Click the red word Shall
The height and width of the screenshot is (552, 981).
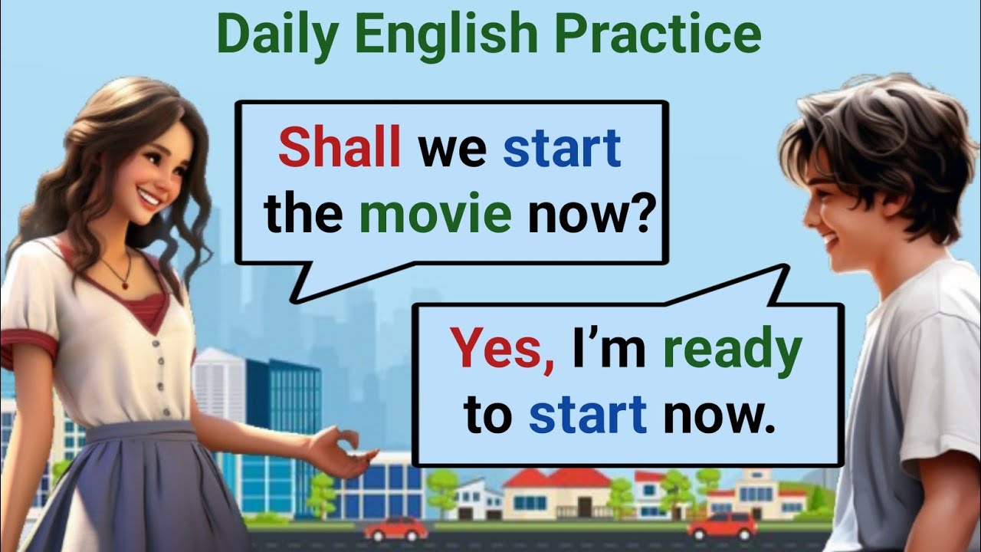coord(340,149)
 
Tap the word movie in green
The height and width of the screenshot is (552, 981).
coord(435,215)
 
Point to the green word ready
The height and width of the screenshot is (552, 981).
coord(732,351)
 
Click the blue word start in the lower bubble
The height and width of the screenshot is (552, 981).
coord(588,415)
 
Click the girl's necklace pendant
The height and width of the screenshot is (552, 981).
coord(125,284)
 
